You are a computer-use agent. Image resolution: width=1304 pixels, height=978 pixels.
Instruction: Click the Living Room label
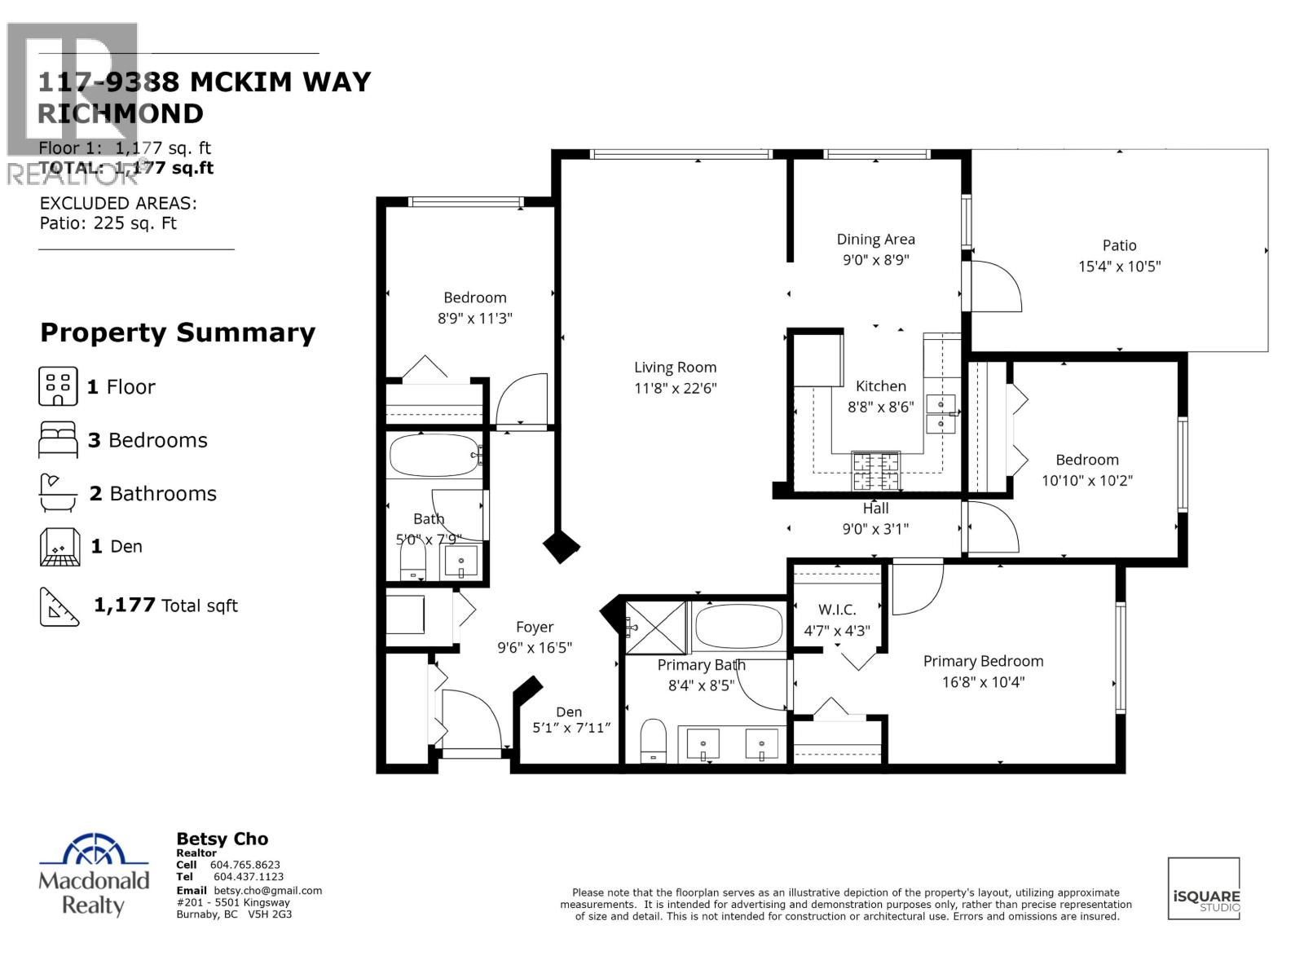(x=675, y=368)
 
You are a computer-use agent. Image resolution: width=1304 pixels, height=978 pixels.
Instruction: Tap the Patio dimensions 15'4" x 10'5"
(x=1119, y=267)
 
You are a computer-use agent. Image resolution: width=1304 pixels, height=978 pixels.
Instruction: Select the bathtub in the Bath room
(x=433, y=456)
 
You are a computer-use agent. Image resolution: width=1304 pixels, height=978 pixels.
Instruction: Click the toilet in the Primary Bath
(x=653, y=740)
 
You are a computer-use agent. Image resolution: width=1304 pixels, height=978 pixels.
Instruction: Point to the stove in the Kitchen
(x=876, y=470)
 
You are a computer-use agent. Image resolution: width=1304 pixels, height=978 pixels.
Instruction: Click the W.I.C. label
(x=837, y=610)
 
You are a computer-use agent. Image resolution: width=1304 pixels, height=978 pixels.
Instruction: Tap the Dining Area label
(x=875, y=240)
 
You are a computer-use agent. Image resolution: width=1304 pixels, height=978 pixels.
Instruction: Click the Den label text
(x=569, y=712)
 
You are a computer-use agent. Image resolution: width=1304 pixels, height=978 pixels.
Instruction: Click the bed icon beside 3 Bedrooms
(x=58, y=440)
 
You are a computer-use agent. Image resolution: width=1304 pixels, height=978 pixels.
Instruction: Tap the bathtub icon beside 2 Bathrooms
(x=58, y=493)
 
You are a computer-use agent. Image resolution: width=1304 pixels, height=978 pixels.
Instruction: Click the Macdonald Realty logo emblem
(x=95, y=851)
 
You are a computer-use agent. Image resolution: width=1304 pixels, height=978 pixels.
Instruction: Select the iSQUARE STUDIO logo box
(x=1204, y=888)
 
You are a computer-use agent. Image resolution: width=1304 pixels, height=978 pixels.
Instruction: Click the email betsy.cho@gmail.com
(x=268, y=891)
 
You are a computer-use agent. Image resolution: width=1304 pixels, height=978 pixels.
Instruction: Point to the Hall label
(x=875, y=509)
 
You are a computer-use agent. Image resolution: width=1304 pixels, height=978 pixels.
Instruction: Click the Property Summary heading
(x=178, y=333)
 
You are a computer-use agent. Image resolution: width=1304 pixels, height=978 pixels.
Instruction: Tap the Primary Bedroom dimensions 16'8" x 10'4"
(x=983, y=682)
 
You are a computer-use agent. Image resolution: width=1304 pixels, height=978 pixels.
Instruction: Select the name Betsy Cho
(x=222, y=839)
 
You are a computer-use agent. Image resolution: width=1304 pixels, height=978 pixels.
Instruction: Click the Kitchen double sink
(x=941, y=413)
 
